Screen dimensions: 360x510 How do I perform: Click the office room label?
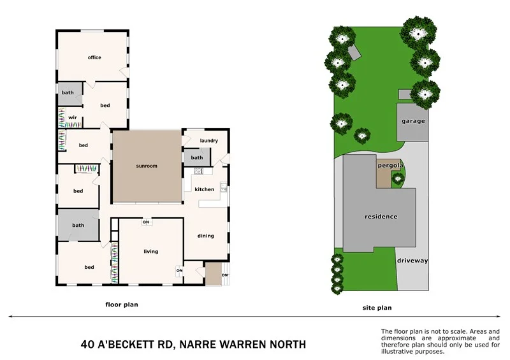click(94, 58)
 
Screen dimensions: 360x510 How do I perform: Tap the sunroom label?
click(147, 166)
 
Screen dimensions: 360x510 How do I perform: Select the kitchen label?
click(205, 189)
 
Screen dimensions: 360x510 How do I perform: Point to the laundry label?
click(208, 141)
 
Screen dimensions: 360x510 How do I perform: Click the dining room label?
click(205, 236)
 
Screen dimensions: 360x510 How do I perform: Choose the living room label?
click(150, 252)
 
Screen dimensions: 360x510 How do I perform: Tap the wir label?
click(73, 118)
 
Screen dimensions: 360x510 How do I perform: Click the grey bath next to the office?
click(68, 93)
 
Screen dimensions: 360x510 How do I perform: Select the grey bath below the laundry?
click(197, 157)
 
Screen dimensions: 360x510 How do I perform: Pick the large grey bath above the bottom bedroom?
click(78, 225)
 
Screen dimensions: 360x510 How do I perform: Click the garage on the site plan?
click(412, 121)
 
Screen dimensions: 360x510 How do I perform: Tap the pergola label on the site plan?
click(390, 166)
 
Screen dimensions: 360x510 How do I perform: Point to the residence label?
click(381, 217)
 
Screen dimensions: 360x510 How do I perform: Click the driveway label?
click(412, 261)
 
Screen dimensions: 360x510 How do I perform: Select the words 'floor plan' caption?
click(121, 305)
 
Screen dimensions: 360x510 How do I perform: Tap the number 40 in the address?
click(88, 345)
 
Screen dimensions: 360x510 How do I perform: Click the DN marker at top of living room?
click(146, 222)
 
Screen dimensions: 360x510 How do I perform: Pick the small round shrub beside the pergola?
click(398, 179)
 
